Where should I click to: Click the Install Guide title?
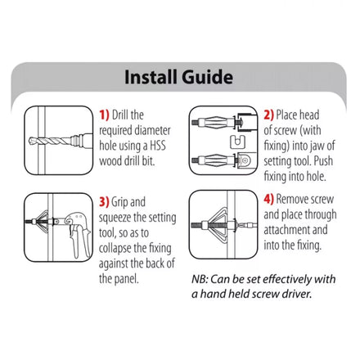click(x=179, y=78)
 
